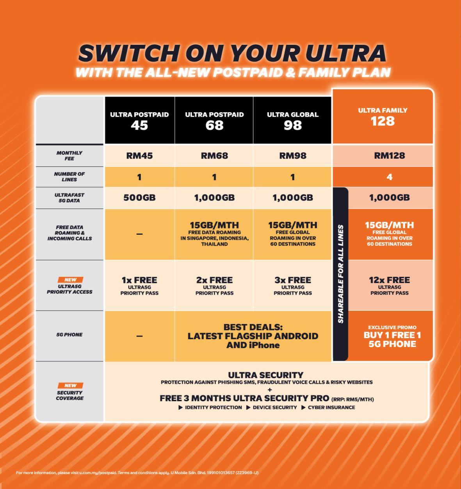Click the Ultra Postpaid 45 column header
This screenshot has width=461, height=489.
pyautogui.click(x=139, y=120)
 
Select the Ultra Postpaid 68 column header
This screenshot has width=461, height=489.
pyautogui.click(x=214, y=120)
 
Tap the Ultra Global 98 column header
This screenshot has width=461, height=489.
pyautogui.click(x=292, y=120)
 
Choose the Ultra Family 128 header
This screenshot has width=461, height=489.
pyautogui.click(x=383, y=117)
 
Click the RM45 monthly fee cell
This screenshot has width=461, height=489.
pyautogui.click(x=139, y=156)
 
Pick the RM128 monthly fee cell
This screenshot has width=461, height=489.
pyautogui.click(x=389, y=156)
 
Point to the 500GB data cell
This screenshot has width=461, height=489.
pyautogui.click(x=139, y=198)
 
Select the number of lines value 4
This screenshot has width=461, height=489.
pyautogui.click(x=389, y=177)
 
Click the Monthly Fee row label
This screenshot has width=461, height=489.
pyautogui.click(x=69, y=156)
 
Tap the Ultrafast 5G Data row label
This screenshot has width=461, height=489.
pyautogui.click(x=69, y=198)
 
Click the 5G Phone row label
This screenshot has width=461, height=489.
pyautogui.click(x=69, y=335)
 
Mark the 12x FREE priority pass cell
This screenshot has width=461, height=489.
pyautogui.click(x=389, y=285)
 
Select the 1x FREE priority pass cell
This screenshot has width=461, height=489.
pyautogui.click(x=139, y=285)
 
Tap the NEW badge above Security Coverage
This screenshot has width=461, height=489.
pyautogui.click(x=70, y=385)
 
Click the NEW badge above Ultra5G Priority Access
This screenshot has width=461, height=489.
pyautogui.click(x=70, y=280)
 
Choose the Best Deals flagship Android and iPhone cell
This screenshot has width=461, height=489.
pyautogui.click(x=253, y=336)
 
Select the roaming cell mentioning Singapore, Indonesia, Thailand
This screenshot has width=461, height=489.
pyautogui.click(x=214, y=234)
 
